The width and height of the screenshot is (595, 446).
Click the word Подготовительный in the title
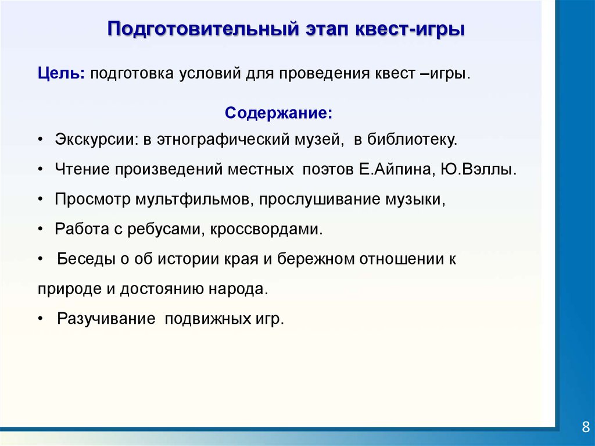203,29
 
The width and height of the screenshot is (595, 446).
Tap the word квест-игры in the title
410,30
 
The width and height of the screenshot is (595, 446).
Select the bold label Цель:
62,73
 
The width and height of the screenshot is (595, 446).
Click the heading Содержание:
278,113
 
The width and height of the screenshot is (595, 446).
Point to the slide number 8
586,427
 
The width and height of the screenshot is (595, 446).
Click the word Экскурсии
96,140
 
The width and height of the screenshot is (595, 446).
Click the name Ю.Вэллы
479,169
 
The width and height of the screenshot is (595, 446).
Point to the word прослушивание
320,199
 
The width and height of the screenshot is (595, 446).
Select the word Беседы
86,259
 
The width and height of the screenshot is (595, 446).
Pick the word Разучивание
106,319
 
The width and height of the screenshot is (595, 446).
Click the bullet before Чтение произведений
40,170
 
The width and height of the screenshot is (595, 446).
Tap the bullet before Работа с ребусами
40,230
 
